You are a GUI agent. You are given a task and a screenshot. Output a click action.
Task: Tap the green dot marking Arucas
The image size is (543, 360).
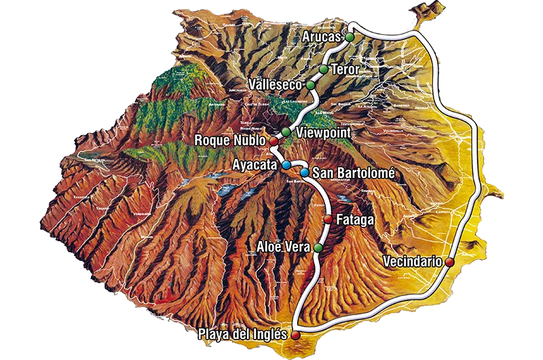350,37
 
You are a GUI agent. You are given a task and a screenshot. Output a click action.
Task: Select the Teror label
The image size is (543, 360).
345,70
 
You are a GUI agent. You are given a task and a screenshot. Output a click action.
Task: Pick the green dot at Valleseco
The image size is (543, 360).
310,85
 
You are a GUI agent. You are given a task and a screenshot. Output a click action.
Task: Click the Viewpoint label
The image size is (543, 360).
323,133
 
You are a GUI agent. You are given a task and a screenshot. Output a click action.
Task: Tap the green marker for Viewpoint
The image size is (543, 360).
286,132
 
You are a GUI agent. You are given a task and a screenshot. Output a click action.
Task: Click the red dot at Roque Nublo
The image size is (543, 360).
274,141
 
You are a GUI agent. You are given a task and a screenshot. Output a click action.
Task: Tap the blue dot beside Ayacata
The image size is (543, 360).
286,165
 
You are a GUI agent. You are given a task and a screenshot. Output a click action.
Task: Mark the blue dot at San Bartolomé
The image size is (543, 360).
305,173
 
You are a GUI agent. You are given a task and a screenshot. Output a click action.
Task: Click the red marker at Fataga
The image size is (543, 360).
329,219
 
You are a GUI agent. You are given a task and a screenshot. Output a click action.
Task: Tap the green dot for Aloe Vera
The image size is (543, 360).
318,247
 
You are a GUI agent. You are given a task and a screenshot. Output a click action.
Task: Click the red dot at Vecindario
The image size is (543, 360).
449,261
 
